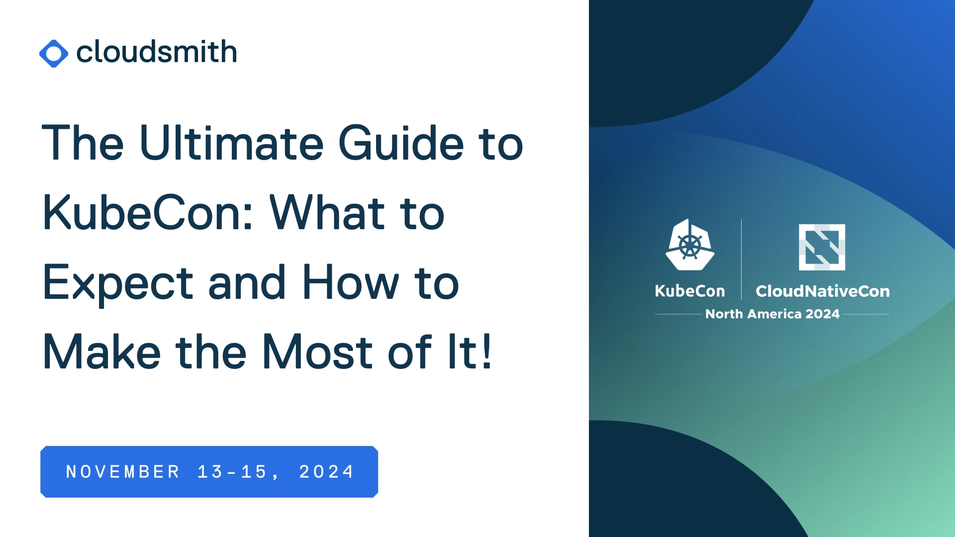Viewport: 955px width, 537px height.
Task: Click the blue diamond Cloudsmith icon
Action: click(54, 53)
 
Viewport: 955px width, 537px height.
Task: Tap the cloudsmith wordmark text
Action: click(157, 52)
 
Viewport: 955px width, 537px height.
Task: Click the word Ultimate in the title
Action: click(232, 143)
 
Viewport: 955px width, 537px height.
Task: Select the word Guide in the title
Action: click(401, 143)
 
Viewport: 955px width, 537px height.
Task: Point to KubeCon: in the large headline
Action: click(149, 213)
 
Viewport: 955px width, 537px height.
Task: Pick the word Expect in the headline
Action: click(118, 284)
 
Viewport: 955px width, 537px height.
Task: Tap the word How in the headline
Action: click(351, 282)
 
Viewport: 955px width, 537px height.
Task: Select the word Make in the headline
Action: click(102, 352)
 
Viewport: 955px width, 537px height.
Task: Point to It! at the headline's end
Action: click(470, 352)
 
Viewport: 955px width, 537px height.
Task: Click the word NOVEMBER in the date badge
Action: click(123, 472)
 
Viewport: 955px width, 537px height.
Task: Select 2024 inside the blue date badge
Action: click(326, 472)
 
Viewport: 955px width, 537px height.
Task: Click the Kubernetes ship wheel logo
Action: click(690, 245)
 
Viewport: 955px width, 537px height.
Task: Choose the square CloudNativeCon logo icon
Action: click(822, 247)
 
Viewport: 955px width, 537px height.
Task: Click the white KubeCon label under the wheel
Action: click(690, 291)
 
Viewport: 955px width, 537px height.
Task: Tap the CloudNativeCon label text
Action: click(823, 291)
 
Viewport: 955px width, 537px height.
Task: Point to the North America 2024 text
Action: click(772, 314)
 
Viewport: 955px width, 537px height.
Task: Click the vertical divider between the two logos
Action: click(741, 260)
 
